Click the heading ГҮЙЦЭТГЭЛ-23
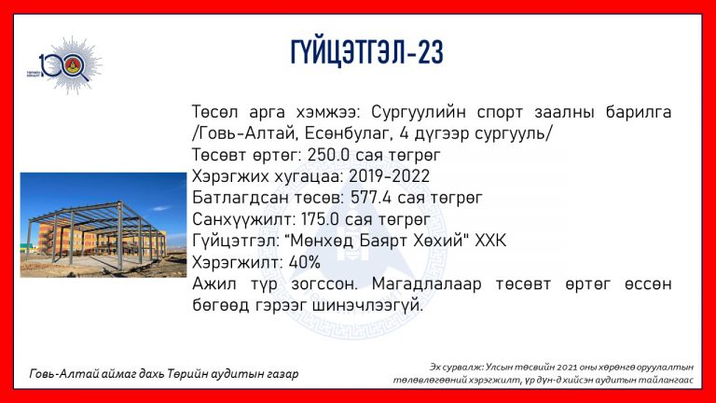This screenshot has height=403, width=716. pyautogui.click(x=366, y=52)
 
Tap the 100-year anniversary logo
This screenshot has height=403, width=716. pyautogui.click(x=64, y=65)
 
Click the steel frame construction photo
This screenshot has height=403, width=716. pyautogui.click(x=103, y=225)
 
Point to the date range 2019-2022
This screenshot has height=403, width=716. pyautogui.click(x=389, y=176)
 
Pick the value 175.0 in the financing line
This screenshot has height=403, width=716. pyautogui.click(x=320, y=219)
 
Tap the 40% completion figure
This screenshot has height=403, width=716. pyautogui.click(x=305, y=262)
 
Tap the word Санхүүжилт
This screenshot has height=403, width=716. pyautogui.click(x=244, y=220)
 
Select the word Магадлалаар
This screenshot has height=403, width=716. pyautogui.click(x=426, y=285)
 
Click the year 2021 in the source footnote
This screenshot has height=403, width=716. pyautogui.click(x=539, y=367)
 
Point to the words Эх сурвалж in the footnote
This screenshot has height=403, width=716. pyautogui.click(x=456, y=368)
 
